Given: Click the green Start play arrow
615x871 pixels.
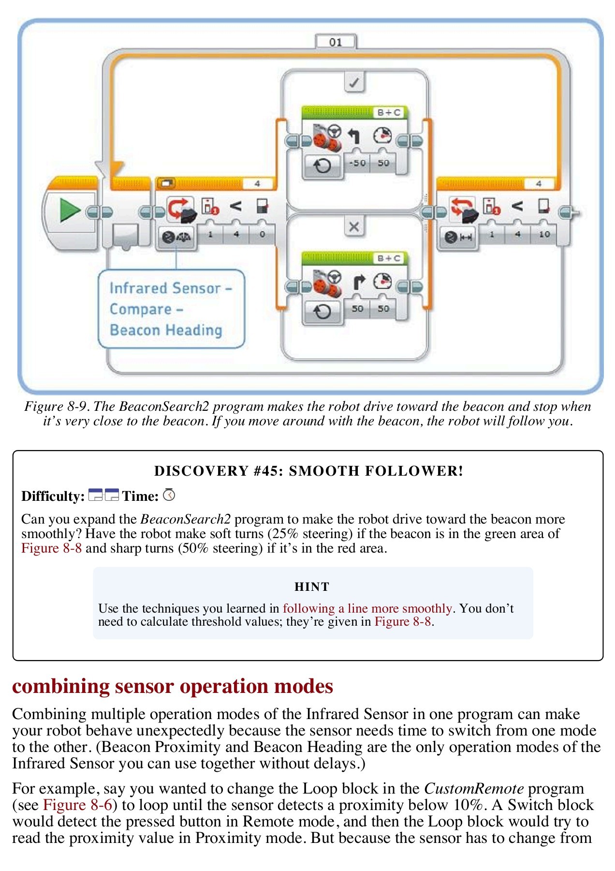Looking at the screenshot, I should tap(70, 211).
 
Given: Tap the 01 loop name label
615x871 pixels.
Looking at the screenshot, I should tap(336, 42).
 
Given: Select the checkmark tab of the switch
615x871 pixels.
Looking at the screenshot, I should tap(354, 82).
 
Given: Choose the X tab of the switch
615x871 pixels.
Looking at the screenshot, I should tap(354, 226).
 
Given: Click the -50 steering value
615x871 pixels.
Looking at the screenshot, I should tap(357, 163).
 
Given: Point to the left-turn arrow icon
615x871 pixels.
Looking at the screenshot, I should tap(354, 136).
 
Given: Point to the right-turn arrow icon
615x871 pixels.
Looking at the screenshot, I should tap(358, 282).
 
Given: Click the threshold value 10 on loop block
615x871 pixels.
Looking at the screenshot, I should tap(544, 234).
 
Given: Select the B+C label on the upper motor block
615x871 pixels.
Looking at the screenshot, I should tap(389, 113).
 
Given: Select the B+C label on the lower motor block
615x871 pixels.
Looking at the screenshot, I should tap(389, 258).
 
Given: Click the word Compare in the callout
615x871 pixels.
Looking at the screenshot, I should tap(141, 309).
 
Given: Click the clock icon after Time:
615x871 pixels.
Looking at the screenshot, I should tap(169, 495).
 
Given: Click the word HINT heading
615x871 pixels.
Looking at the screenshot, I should tap(312, 587).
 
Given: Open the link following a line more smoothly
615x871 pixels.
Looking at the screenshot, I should tap(367, 608).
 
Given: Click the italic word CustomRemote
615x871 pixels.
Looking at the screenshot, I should tap(474, 789).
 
